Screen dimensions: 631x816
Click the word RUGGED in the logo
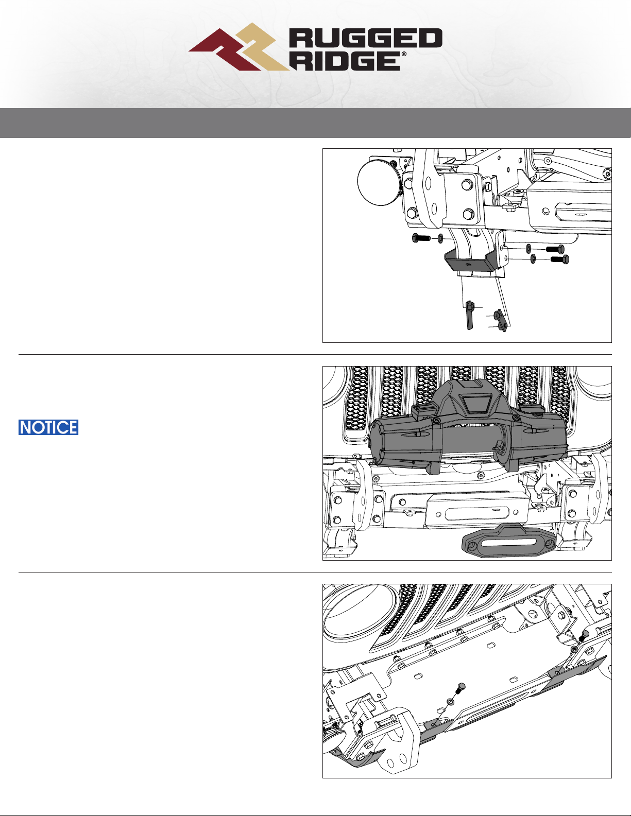(365, 38)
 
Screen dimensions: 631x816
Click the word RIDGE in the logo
(346, 61)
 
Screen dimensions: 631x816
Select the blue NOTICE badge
(48, 427)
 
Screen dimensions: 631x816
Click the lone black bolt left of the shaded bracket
(421, 238)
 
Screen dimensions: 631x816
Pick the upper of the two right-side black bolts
(555, 249)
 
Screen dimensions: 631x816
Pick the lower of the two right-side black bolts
(559, 259)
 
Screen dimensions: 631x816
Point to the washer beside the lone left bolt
(440, 238)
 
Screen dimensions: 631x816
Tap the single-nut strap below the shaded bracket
(470, 315)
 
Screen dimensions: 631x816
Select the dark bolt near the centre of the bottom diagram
(461, 689)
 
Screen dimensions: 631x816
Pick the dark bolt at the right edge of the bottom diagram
(583, 635)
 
